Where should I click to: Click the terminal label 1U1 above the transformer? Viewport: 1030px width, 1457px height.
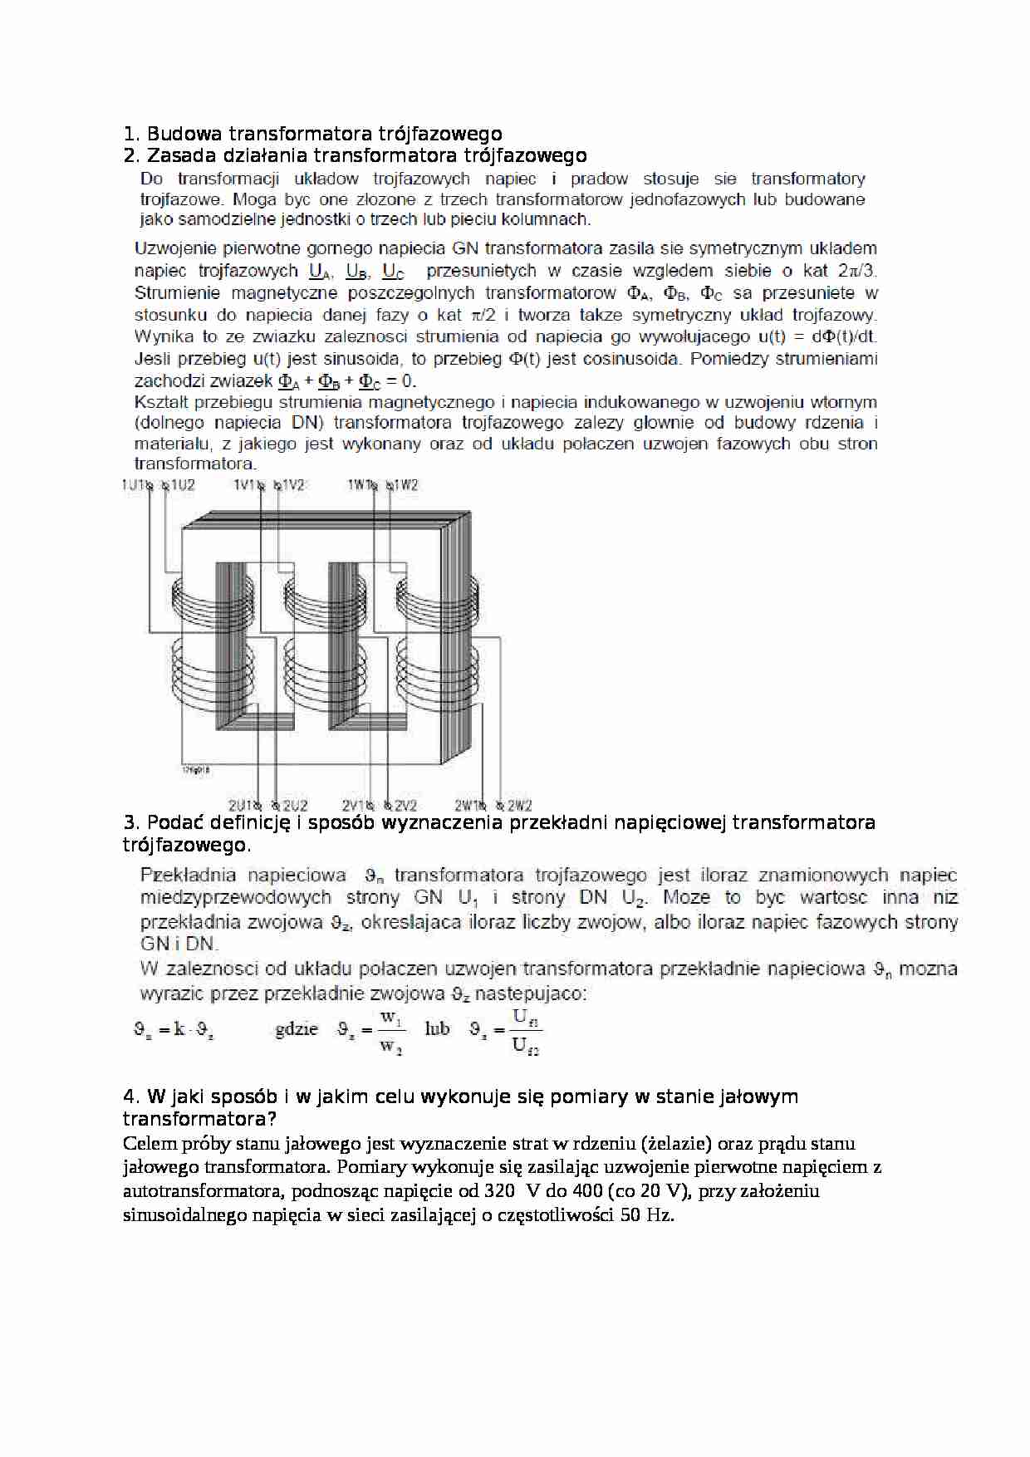133,485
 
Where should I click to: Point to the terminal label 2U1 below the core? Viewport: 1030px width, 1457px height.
242,805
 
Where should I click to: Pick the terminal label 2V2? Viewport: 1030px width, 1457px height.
405,805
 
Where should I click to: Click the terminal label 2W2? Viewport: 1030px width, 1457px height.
518,805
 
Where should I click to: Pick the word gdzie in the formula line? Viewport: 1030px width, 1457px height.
297,1029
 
